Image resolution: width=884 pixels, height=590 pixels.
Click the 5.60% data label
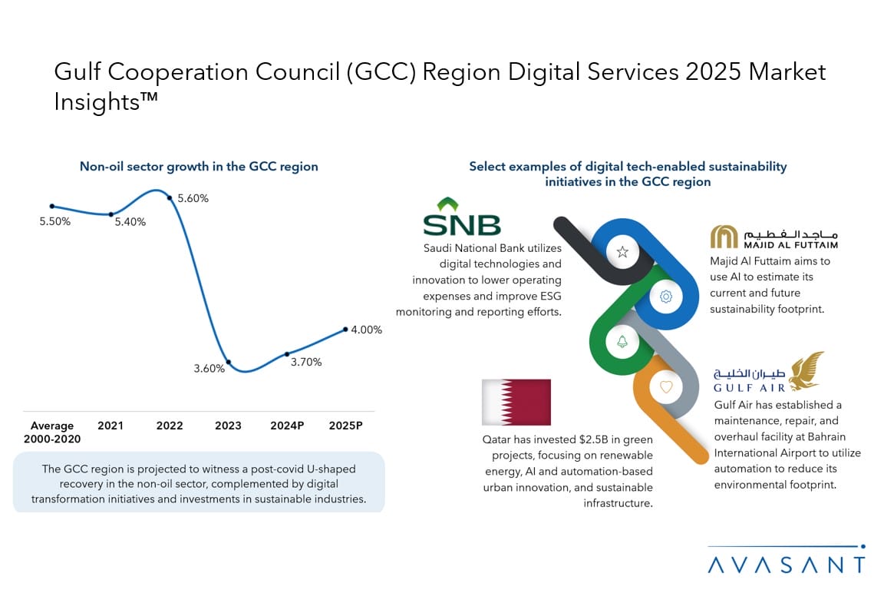(x=193, y=198)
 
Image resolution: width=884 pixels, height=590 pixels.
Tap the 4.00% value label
(x=366, y=330)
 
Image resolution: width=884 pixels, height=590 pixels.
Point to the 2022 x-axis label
(x=170, y=426)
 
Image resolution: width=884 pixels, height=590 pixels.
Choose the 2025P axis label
(x=345, y=426)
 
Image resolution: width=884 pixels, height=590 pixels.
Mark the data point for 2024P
(x=287, y=354)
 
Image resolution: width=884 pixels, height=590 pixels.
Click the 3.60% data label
(x=209, y=369)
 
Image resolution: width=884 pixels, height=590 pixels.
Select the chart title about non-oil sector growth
(x=199, y=167)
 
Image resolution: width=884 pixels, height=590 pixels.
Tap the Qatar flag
(x=516, y=402)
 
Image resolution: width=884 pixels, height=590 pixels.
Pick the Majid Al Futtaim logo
(x=773, y=237)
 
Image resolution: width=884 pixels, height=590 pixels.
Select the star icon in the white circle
(x=622, y=252)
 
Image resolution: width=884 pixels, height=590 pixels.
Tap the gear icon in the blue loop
(x=665, y=297)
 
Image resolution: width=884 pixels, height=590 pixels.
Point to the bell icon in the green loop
(x=622, y=342)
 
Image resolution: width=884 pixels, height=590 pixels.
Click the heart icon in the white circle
(x=665, y=386)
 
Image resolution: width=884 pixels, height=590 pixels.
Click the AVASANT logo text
(x=787, y=565)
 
